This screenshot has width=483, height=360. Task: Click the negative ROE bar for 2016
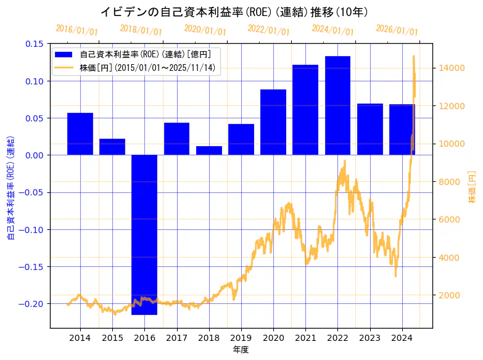pyautogui.click(x=144, y=234)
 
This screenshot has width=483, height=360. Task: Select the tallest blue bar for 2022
pyautogui.click(x=337, y=105)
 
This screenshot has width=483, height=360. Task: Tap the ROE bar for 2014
pyautogui.click(x=80, y=134)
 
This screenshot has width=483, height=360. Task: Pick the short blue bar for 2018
pyautogui.click(x=209, y=150)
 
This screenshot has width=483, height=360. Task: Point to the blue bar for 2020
pyautogui.click(x=273, y=122)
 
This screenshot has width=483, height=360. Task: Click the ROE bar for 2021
pyautogui.click(x=305, y=110)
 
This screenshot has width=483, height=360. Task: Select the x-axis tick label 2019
pyautogui.click(x=241, y=338)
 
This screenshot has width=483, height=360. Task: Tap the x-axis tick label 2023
pyautogui.click(x=369, y=338)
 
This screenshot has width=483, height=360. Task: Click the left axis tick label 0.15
pyautogui.click(x=34, y=44)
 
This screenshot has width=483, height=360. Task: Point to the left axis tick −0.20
pyautogui.click(x=32, y=304)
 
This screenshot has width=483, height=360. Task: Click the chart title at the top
pyautogui.click(x=234, y=12)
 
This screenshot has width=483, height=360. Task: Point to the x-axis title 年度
pyautogui.click(x=241, y=350)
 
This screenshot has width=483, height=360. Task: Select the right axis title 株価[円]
pyautogui.click(x=472, y=186)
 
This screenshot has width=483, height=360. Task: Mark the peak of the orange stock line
pyautogui.click(x=413, y=56)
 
